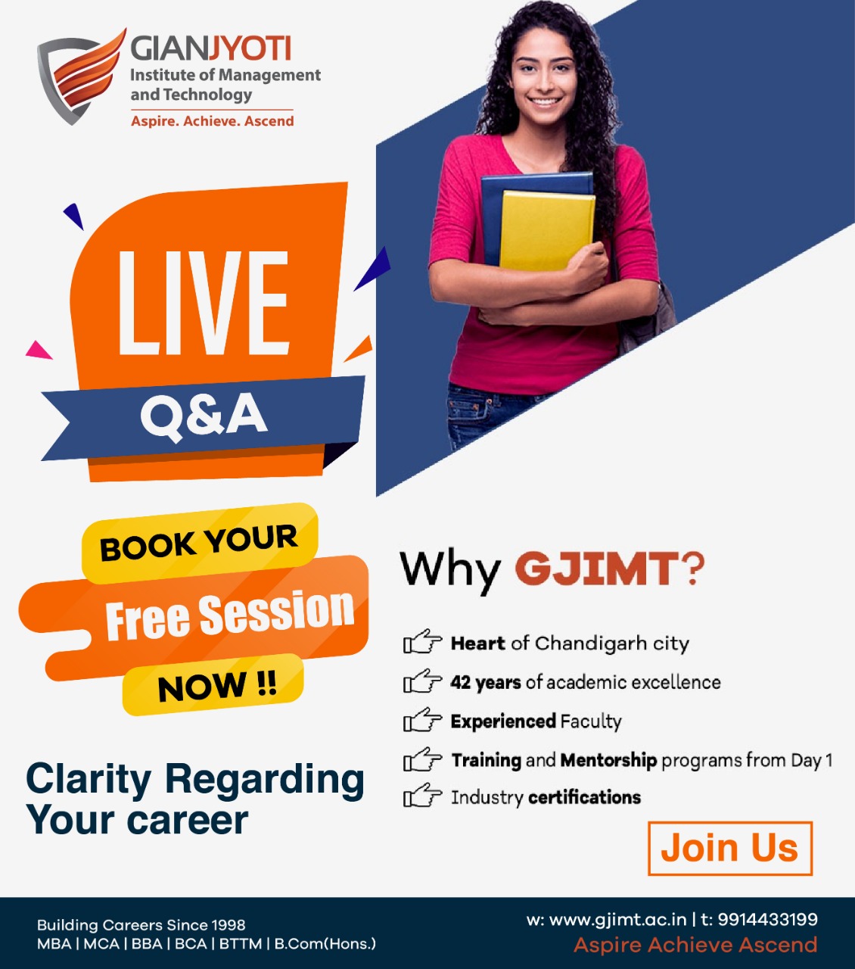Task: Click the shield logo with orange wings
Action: [x=81, y=76]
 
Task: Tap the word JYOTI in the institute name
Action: [x=250, y=48]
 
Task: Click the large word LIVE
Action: [x=204, y=304]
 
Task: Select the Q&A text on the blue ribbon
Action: [x=204, y=416]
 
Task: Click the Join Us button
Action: [x=729, y=849]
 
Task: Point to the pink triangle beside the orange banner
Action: [x=39, y=350]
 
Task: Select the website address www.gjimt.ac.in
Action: [x=617, y=920]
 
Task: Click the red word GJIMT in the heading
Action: [x=597, y=569]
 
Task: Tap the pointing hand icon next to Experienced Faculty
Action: [x=422, y=720]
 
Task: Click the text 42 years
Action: [x=485, y=683]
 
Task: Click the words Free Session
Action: [x=230, y=615]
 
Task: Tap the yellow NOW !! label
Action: [x=213, y=685]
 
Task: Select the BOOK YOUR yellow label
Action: [x=200, y=542]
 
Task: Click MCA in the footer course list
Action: [x=101, y=944]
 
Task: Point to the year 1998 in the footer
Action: [x=228, y=924]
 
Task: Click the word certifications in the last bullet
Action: [x=584, y=797]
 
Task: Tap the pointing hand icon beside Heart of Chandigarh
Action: [x=422, y=641]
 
